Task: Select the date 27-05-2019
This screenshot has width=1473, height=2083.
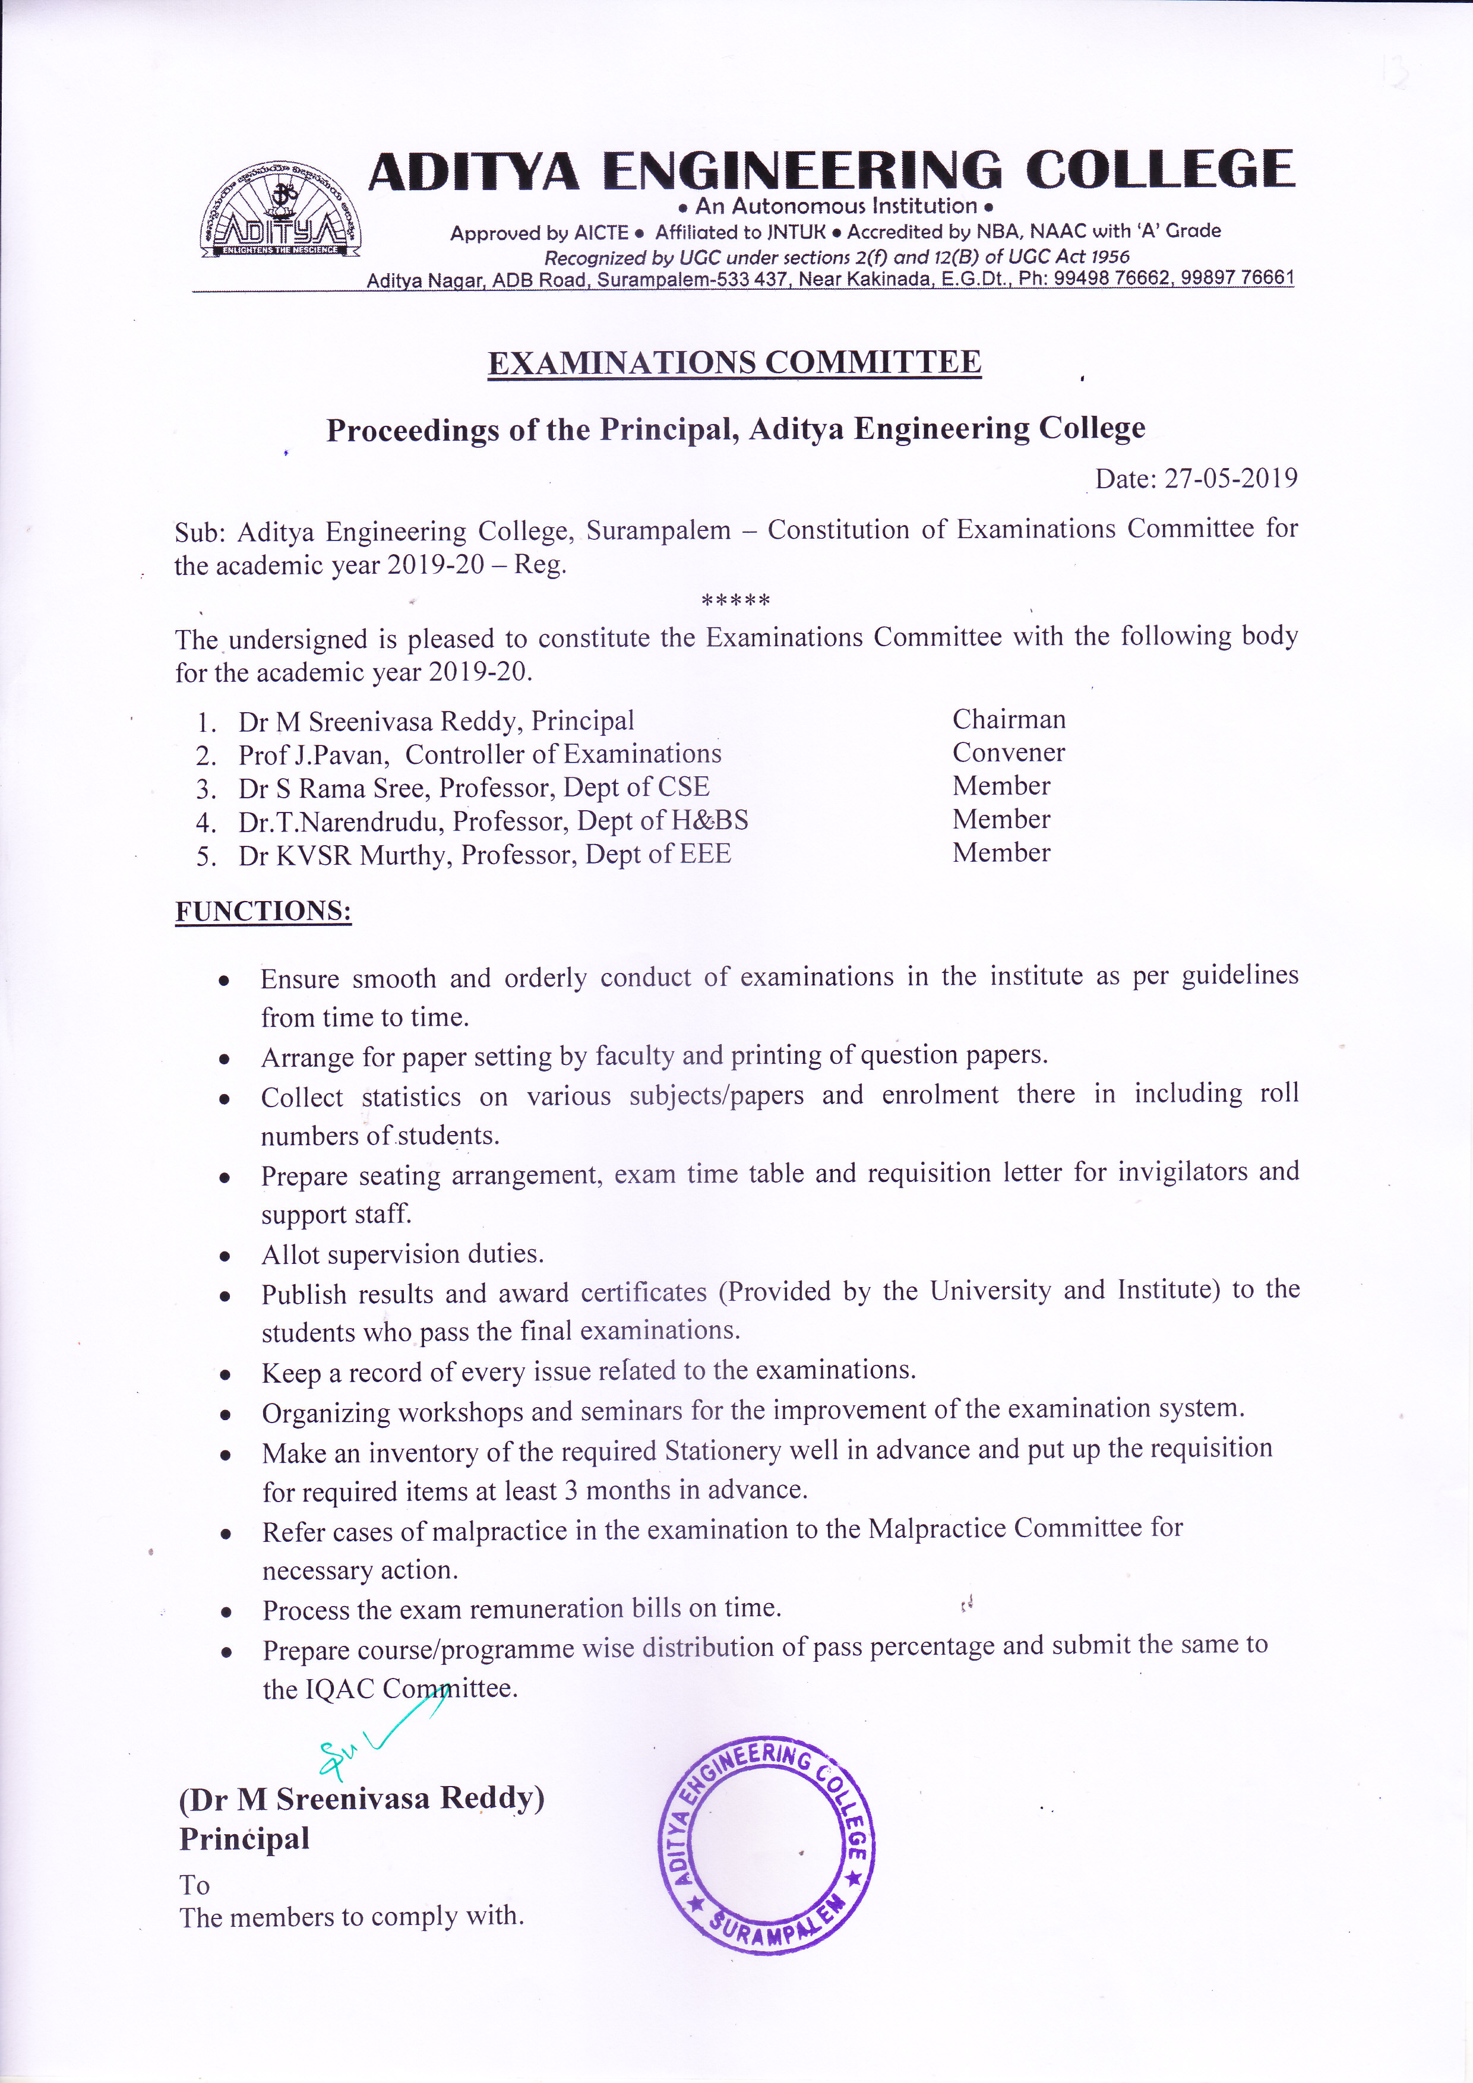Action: [1230, 478]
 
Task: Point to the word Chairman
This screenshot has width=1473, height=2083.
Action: [1009, 719]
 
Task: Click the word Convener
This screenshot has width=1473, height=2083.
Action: [1009, 753]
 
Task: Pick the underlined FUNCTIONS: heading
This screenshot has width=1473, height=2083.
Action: [263, 912]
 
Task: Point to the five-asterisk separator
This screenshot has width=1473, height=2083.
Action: [735, 600]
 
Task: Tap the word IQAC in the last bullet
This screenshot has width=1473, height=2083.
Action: [342, 1689]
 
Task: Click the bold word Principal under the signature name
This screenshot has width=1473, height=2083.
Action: [244, 1839]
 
